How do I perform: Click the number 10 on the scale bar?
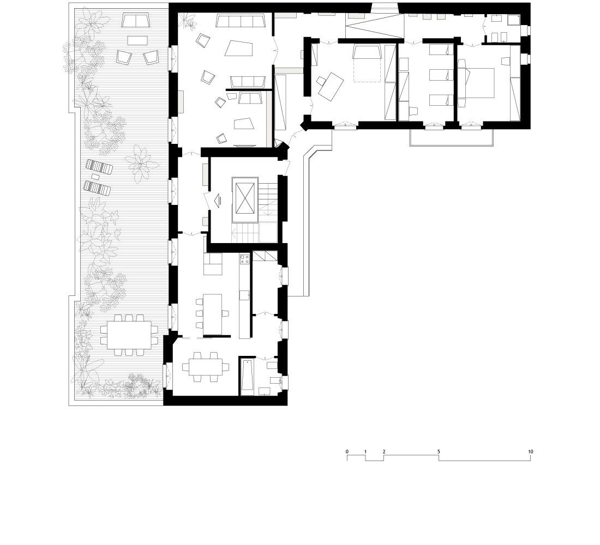pyautogui.click(x=530, y=452)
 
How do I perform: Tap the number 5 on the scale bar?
pyautogui.click(x=439, y=452)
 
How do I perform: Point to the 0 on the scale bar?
pyautogui.click(x=347, y=452)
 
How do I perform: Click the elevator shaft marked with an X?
pyautogui.click(x=244, y=196)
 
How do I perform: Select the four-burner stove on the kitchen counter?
pyautogui.click(x=244, y=260)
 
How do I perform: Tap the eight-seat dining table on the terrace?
pyautogui.click(x=129, y=335)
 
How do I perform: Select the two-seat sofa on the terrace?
pyautogui.click(x=137, y=21)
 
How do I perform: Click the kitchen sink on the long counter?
pyautogui.click(x=244, y=295)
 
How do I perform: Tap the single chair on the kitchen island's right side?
pyautogui.click(x=225, y=313)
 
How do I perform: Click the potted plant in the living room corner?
pyautogui.click(x=190, y=20)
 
